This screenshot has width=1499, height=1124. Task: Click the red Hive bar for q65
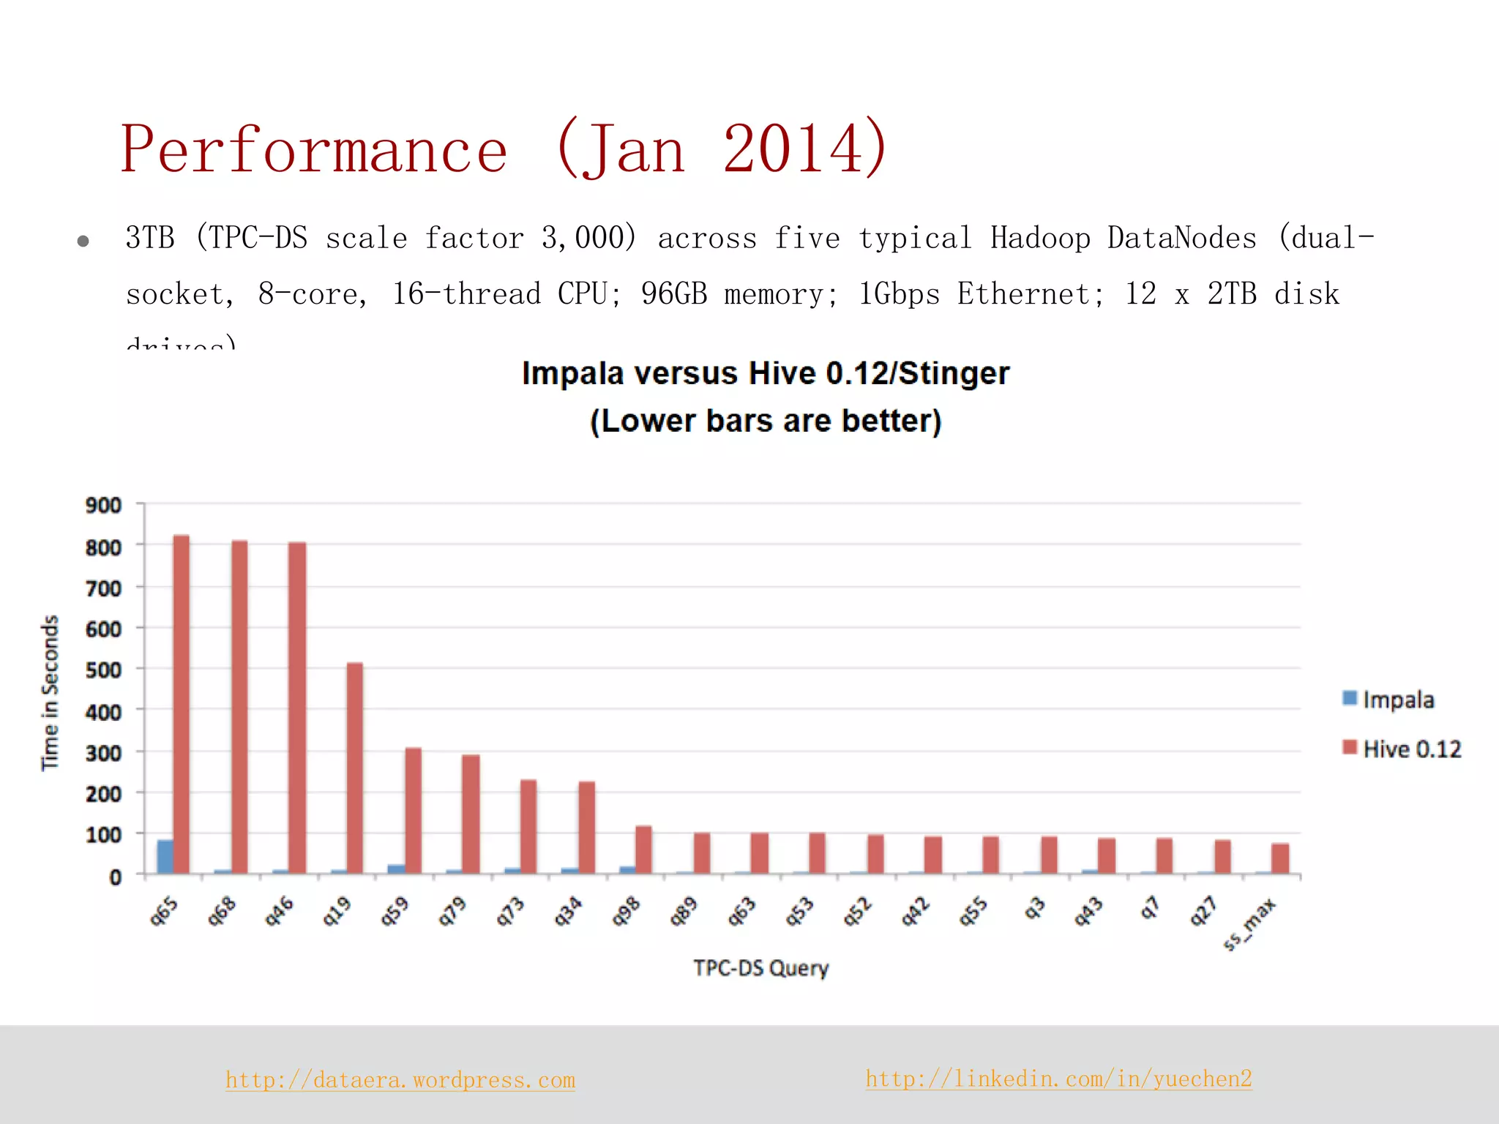pyautogui.click(x=181, y=704)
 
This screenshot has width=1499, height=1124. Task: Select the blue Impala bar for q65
pyautogui.click(x=165, y=856)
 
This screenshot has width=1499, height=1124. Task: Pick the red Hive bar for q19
pyautogui.click(x=354, y=768)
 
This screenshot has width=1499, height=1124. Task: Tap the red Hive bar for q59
pyautogui.click(x=413, y=810)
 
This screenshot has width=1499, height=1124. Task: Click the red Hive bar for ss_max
pyautogui.click(x=1280, y=858)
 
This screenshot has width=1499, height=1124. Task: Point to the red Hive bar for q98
pyautogui.click(x=643, y=850)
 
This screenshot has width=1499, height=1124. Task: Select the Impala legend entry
pyautogui.click(x=1388, y=700)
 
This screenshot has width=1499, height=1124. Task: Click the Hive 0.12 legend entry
pyautogui.click(x=1402, y=749)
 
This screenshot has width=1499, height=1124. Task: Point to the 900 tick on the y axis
pyautogui.click(x=103, y=505)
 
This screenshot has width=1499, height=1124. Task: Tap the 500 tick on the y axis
pyautogui.click(x=103, y=670)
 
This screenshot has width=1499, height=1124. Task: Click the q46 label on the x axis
pyautogui.click(x=279, y=912)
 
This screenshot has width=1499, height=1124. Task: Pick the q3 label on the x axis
pyautogui.click(x=1033, y=909)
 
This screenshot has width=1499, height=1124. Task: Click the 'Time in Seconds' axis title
pyautogui.click(x=49, y=692)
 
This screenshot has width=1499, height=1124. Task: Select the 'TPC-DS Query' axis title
pyautogui.click(x=760, y=968)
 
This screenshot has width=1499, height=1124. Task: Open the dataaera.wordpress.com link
pyautogui.click(x=400, y=1080)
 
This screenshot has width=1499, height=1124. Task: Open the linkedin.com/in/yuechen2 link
pyautogui.click(x=1058, y=1079)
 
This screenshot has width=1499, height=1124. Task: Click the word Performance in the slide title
pyautogui.click(x=314, y=149)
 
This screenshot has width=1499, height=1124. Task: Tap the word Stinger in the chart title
pyautogui.click(x=954, y=373)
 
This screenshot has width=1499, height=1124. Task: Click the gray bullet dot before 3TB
pyautogui.click(x=83, y=241)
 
